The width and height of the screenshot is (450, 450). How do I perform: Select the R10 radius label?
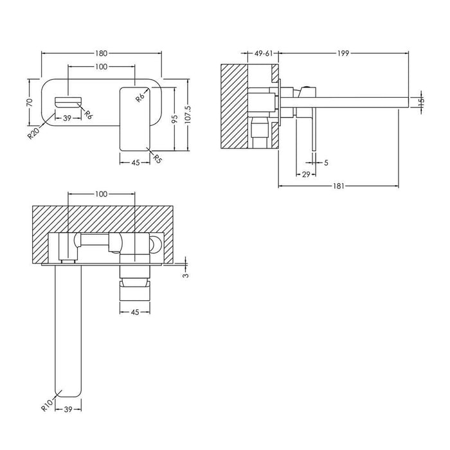click(44, 404)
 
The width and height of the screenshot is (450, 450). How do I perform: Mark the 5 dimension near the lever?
click(326, 163)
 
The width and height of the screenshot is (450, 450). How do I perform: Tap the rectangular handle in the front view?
click(134, 120)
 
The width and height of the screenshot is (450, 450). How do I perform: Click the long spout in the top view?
click(68, 334)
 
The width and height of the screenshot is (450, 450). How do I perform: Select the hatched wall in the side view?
click(233, 106)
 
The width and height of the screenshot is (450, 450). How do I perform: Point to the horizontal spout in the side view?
click(347, 100)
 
